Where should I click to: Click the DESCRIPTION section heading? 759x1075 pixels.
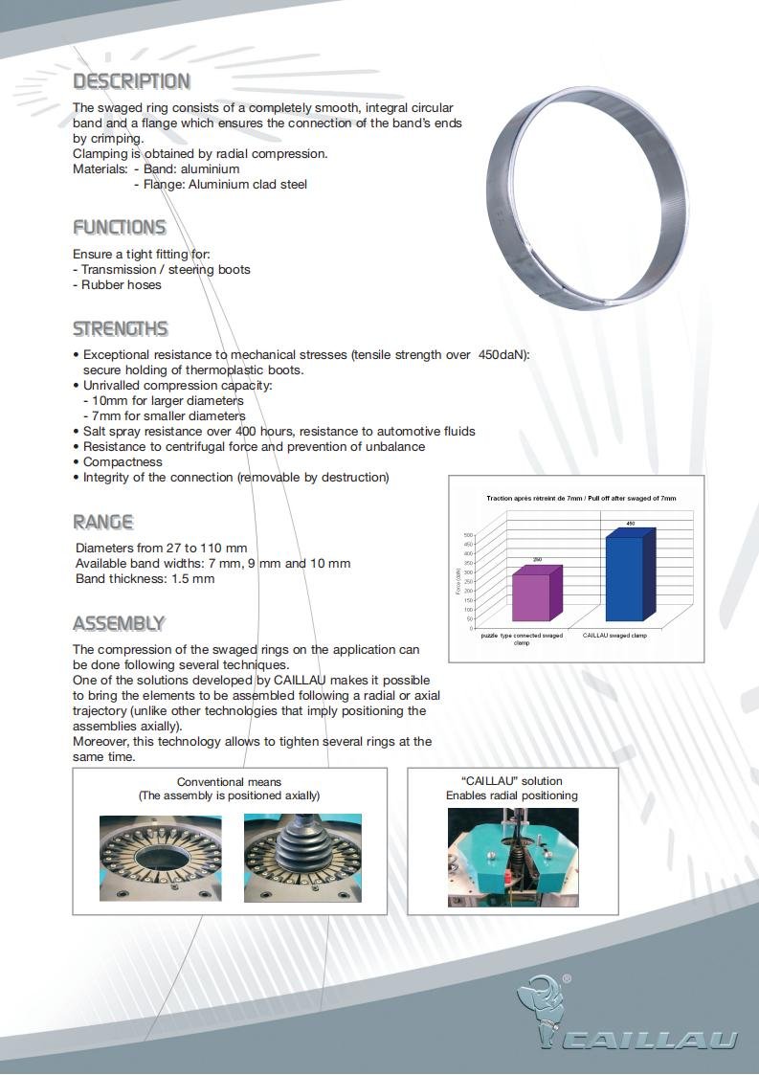click(x=132, y=81)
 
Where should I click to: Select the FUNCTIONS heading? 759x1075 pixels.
click(x=120, y=228)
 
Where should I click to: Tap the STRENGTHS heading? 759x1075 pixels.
click(x=121, y=329)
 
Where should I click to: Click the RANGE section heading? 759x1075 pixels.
click(x=103, y=523)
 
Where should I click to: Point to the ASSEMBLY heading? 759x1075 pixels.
click(x=120, y=624)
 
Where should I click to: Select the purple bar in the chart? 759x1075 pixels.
click(x=536, y=593)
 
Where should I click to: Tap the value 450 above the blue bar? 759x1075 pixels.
click(x=630, y=524)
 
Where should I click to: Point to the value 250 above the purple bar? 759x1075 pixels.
click(x=538, y=559)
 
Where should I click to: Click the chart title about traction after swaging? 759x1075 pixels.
click(x=580, y=499)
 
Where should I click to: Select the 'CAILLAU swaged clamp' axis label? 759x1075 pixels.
click(x=614, y=636)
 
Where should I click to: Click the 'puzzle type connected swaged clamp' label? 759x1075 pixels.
click(x=522, y=638)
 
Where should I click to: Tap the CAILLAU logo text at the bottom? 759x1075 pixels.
click(x=650, y=1040)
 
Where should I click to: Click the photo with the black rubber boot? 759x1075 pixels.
click(x=302, y=858)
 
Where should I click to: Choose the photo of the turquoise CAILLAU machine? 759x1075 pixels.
click(x=513, y=857)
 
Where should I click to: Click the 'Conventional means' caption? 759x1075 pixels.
click(x=229, y=782)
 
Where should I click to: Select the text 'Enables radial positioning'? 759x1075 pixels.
click(x=511, y=795)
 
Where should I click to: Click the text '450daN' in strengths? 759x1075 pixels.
click(x=502, y=355)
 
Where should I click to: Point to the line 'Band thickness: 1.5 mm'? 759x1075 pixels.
click(x=145, y=579)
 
